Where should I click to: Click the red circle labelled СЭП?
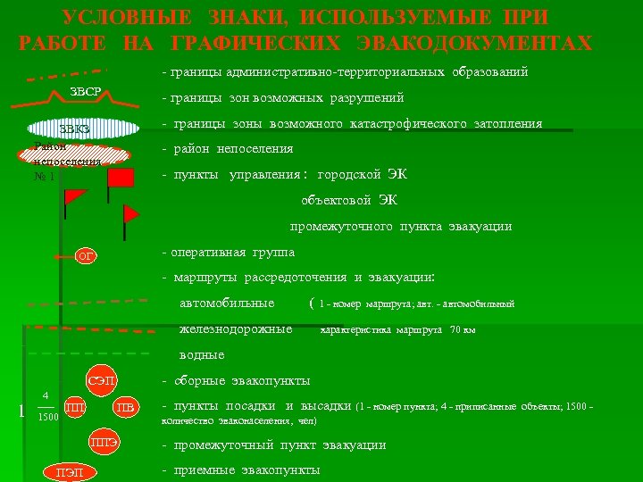click(x=103, y=381)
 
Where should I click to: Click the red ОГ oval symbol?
click(x=86, y=257)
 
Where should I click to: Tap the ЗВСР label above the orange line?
click(x=85, y=94)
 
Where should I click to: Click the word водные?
click(x=202, y=354)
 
